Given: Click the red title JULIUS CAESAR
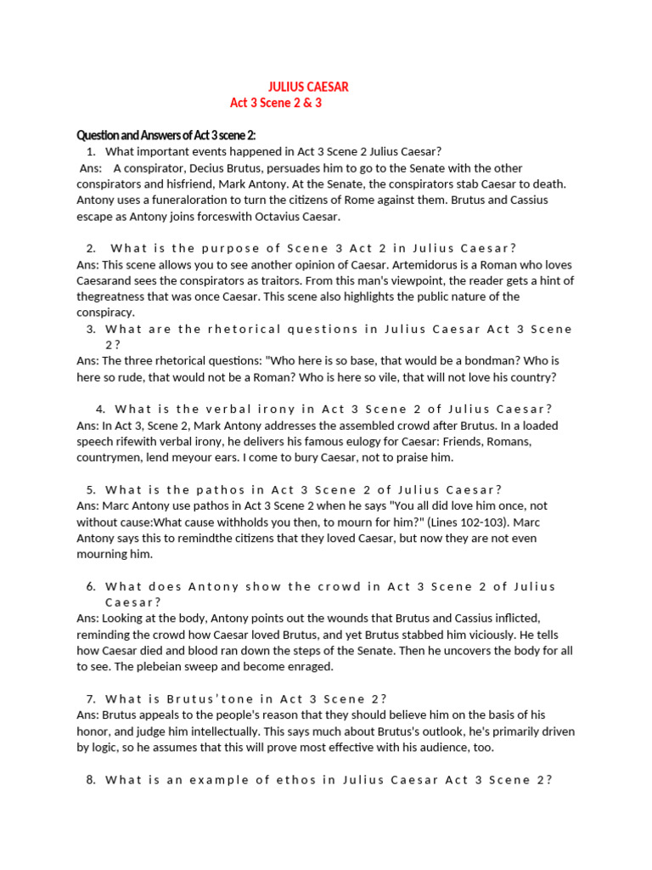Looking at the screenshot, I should coord(308,87).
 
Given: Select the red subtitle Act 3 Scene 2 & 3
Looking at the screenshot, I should coord(276,103).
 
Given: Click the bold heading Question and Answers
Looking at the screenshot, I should coord(166,136).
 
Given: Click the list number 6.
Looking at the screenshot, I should coord(91,586).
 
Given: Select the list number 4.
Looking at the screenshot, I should coord(100,409).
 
